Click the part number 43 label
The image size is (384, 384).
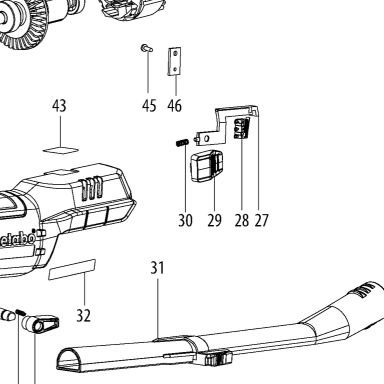tap(59, 106)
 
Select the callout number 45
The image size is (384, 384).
tap(149, 106)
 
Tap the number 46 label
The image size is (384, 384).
tap(175, 106)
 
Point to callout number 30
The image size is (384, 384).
tap(185, 220)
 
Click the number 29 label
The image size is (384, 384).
tap(214, 220)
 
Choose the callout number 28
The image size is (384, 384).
tap(242, 220)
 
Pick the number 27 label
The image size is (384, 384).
tap(261, 220)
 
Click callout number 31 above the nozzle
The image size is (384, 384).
tap(157, 268)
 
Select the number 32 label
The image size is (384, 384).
tap(83, 315)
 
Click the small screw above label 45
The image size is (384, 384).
tap(146, 48)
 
